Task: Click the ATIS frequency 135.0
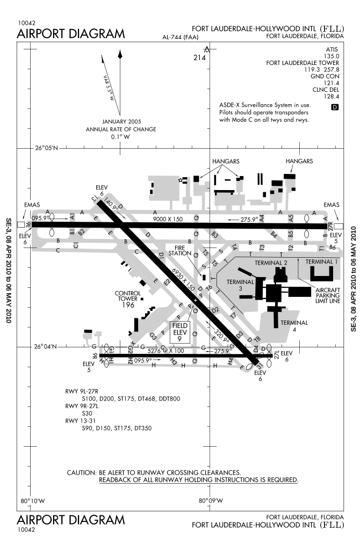tap(330, 55)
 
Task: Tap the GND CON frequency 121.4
tap(330, 83)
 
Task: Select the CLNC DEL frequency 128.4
tap(330, 97)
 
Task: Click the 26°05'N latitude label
tap(47, 148)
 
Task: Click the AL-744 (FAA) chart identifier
tap(181, 37)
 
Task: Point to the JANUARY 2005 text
tap(121, 122)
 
